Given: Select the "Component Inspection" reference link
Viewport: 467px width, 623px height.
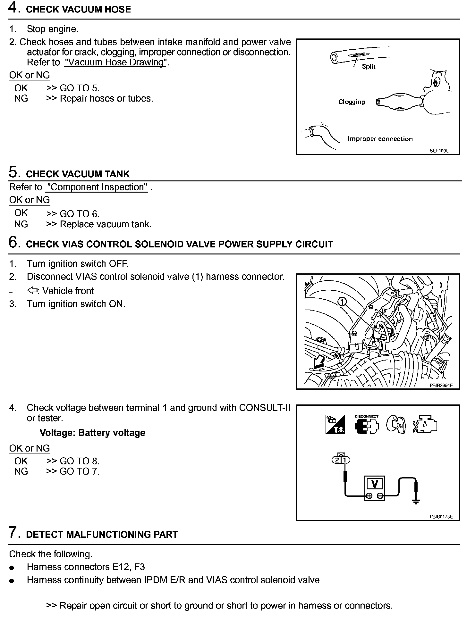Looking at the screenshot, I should pyautogui.click(x=97, y=187).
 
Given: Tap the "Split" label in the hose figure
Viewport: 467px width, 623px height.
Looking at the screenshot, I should pyautogui.click(x=369, y=67).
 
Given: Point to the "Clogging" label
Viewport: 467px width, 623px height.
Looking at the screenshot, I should pyautogui.click(x=352, y=102).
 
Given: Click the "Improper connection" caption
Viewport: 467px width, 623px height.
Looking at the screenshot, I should pyautogui.click(x=380, y=139).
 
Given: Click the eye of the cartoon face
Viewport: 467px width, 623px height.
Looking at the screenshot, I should pyautogui.click(x=436, y=83).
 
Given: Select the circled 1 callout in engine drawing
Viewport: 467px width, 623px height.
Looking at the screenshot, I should pyautogui.click(x=342, y=302).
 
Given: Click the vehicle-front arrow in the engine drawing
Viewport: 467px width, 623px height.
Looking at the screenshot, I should pyautogui.click(x=319, y=362).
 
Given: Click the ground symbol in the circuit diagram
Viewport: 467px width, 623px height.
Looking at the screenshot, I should pyautogui.click(x=416, y=501).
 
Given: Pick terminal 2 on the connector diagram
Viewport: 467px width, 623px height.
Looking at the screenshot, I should pyautogui.click(x=337, y=460).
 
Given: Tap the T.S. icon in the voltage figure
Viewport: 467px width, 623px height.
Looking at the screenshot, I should pyautogui.click(x=335, y=425).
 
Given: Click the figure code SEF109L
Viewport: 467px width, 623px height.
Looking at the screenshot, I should pyautogui.click(x=439, y=150).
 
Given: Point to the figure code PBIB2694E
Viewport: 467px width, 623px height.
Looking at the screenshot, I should pyautogui.click(x=441, y=386).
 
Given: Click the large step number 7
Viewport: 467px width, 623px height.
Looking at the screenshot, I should pyautogui.click(x=13, y=532).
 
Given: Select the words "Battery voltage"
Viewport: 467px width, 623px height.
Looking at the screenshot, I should pyautogui.click(x=112, y=433).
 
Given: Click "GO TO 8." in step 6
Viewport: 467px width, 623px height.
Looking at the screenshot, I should pyautogui.click(x=80, y=461).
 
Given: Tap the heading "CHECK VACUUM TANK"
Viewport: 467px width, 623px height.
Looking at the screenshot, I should pyautogui.click(x=78, y=174).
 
